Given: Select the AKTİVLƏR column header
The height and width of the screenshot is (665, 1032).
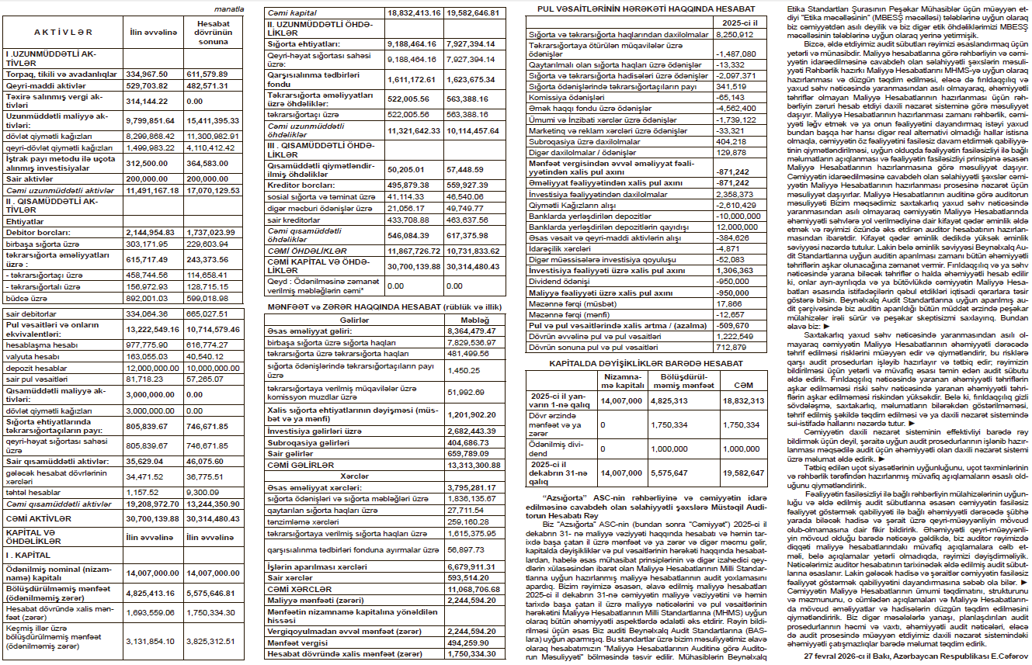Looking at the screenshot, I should pyautogui.click(x=64, y=32).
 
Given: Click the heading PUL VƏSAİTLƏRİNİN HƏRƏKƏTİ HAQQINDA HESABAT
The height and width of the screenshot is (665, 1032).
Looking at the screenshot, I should pyautogui.click(x=641, y=8).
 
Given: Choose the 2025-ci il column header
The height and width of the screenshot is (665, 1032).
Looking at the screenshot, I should pyautogui.click(x=734, y=23).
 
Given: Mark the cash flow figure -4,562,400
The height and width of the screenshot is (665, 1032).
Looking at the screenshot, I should pyautogui.click(x=734, y=109).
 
